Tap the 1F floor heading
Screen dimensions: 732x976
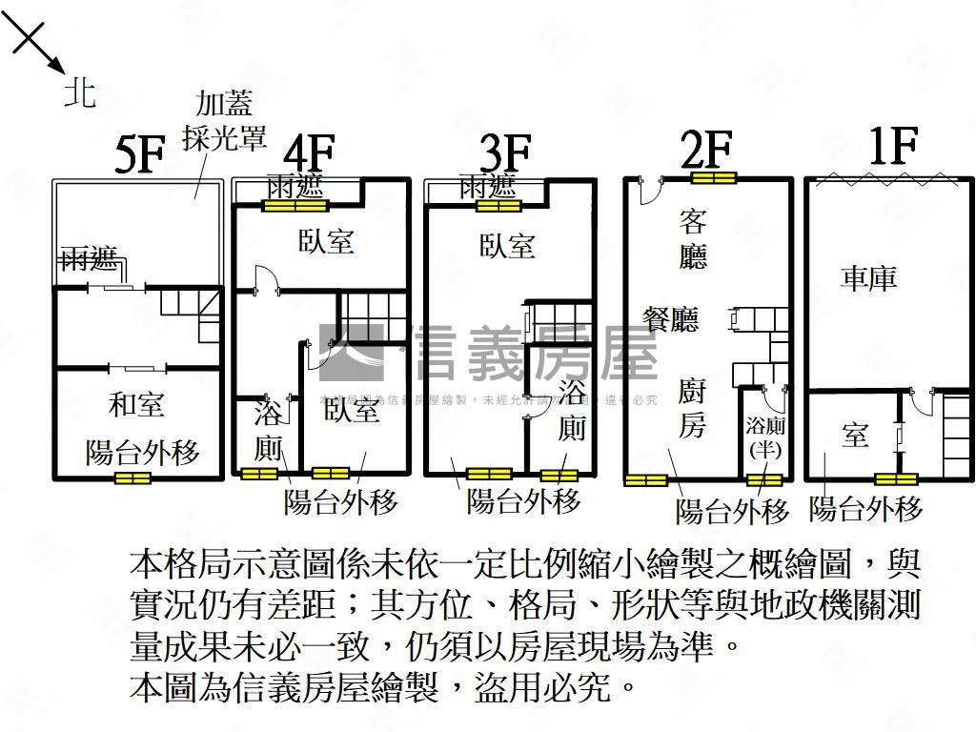(x=893, y=148)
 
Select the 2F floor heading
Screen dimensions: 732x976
(x=706, y=150)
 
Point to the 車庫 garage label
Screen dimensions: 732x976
(x=868, y=277)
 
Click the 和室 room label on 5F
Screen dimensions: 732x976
(x=136, y=405)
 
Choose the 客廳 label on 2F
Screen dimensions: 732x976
(x=693, y=239)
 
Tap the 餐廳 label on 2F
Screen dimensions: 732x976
(x=671, y=320)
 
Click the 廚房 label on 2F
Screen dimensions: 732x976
(x=693, y=408)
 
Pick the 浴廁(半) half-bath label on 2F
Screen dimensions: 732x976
(x=765, y=437)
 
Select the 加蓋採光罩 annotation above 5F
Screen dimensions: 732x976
(x=230, y=120)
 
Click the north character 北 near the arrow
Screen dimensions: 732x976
(x=80, y=91)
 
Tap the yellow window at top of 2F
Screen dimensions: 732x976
(x=713, y=177)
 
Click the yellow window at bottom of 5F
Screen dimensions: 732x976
(x=134, y=478)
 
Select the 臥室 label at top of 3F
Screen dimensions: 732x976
(x=507, y=246)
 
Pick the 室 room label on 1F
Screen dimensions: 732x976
(x=855, y=435)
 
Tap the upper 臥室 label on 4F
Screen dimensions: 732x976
(x=326, y=241)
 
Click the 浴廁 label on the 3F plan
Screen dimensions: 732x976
(x=572, y=410)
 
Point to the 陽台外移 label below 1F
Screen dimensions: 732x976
(x=865, y=508)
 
